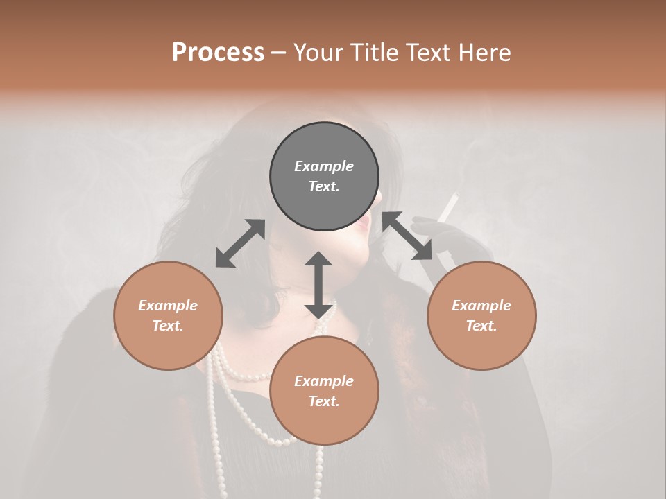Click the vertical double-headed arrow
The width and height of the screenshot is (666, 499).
(318, 285)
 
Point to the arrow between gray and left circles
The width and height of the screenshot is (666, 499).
(240, 243)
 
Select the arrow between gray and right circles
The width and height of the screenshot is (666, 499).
(407, 236)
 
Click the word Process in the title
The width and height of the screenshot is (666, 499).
(218, 53)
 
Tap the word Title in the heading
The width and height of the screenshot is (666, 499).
(375, 53)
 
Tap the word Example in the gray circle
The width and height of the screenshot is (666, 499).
(324, 166)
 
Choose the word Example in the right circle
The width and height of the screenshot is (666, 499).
(481, 306)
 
